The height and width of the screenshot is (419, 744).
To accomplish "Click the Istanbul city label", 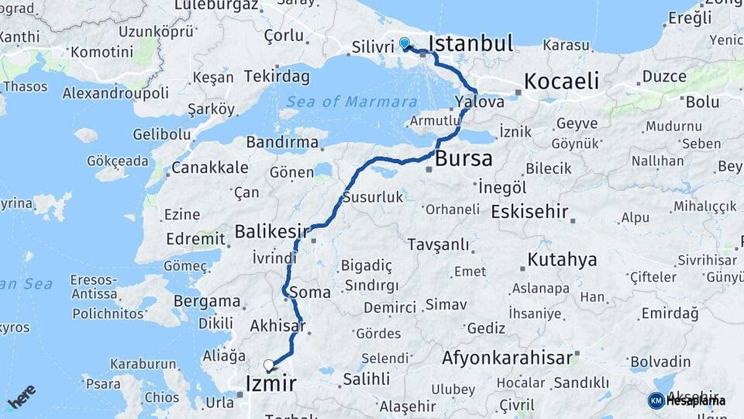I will tap(470, 43).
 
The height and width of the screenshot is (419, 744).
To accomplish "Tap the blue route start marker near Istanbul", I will tap(404, 43).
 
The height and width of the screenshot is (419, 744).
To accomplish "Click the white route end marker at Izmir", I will tap(269, 365).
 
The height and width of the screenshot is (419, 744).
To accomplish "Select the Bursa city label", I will tap(463, 159).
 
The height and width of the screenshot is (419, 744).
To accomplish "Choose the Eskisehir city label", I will tap(530, 212).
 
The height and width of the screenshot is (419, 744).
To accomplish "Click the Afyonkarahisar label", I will tap(508, 358).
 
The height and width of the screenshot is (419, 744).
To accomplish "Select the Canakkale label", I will tap(210, 168).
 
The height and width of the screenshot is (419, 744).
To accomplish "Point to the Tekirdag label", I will tap(277, 77).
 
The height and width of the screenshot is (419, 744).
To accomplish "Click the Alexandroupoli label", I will tap(116, 93).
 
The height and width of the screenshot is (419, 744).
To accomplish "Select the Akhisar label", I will tap(277, 327).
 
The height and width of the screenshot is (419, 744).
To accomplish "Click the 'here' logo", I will tap(22, 396).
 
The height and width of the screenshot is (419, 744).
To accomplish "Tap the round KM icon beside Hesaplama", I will tap(656, 400).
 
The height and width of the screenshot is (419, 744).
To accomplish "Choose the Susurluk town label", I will tap(373, 197).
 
